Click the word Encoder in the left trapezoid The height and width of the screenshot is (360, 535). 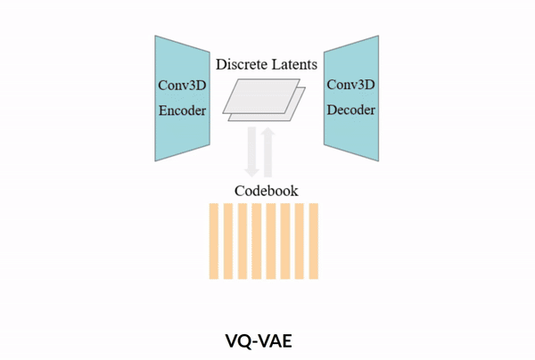click(x=182, y=110)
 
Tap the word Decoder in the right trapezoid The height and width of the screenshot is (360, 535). click(x=351, y=110)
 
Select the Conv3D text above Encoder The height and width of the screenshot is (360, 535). click(x=182, y=86)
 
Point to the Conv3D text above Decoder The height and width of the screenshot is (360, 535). click(x=351, y=85)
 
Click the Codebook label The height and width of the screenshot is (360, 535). click(x=267, y=191)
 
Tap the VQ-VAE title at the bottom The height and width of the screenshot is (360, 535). click(x=259, y=341)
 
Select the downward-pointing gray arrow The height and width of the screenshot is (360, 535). click(x=251, y=152)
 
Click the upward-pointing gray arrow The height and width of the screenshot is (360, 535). click(x=267, y=152)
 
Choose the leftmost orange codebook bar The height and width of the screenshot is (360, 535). click(x=214, y=241)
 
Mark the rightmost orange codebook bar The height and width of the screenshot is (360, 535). click(x=314, y=241)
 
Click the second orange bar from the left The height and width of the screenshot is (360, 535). click(x=228, y=241)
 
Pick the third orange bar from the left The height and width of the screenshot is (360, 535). click(x=243, y=241)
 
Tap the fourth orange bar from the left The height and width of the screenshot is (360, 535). click(x=257, y=241)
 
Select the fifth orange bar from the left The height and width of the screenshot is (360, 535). click(x=271, y=241)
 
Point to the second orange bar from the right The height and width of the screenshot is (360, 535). click(x=300, y=241)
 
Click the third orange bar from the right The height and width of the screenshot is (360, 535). click(x=285, y=241)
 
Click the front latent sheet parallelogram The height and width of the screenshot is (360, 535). click(x=261, y=96)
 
